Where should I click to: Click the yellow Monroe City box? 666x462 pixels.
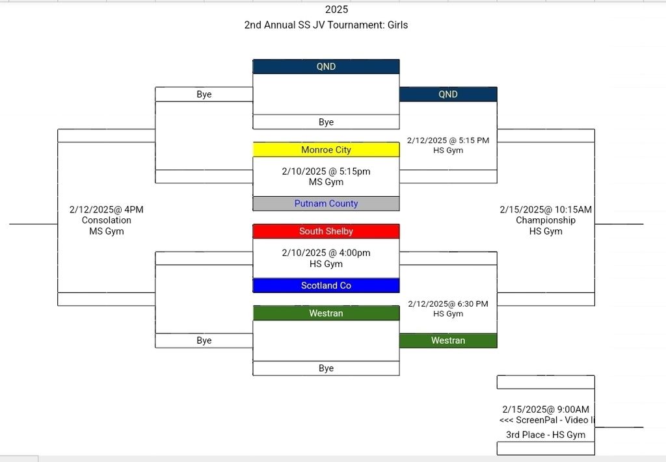[326, 149]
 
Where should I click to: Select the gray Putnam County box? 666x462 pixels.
[326, 203]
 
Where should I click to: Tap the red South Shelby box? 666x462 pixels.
[326, 231]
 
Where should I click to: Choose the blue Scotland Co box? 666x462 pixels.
[326, 285]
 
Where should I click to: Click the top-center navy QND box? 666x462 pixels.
[326, 66]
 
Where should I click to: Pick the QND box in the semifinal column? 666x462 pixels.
[448, 94]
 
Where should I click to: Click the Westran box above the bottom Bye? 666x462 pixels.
[326, 313]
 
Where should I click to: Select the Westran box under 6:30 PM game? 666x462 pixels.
[448, 340]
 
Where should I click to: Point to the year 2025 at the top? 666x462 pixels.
[336, 10]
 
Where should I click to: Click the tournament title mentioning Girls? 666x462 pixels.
[326, 25]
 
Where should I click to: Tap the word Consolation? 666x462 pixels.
[106, 220]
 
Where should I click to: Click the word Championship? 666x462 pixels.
[546, 220]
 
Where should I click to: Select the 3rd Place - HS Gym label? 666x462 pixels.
[546, 435]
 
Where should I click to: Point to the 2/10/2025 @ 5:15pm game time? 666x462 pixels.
[326, 171]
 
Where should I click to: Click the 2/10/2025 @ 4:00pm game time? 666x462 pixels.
[326, 253]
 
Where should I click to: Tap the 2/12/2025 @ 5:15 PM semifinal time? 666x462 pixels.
[448, 140]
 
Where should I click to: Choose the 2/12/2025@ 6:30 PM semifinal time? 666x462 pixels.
[448, 303]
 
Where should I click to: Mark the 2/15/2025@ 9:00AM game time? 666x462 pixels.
[546, 409]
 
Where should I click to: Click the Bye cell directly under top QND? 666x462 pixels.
[326, 122]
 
